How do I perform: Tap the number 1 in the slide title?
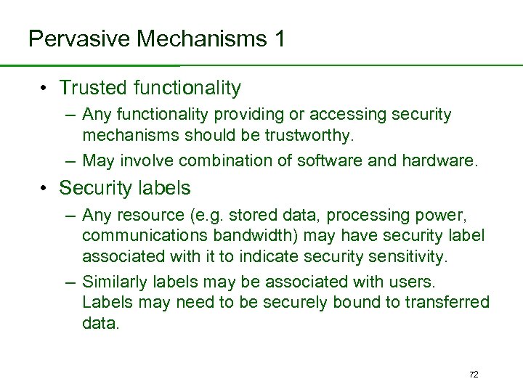278,38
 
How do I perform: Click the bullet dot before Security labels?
45,188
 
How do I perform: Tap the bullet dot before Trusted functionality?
45,89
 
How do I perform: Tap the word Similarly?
114,282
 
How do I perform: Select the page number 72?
474,375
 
